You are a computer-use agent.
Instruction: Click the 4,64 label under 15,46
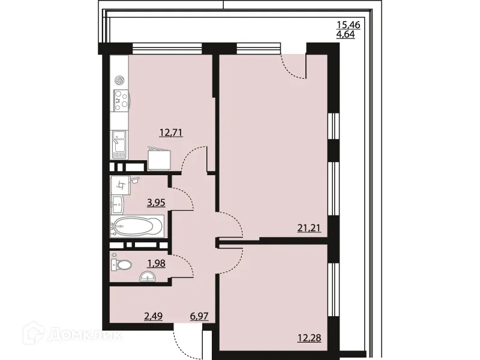click(347, 35)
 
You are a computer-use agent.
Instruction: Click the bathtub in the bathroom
click(137, 227)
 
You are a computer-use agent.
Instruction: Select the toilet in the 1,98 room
click(123, 264)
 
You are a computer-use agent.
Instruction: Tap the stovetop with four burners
click(121, 100)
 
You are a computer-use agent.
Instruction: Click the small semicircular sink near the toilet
click(147, 277)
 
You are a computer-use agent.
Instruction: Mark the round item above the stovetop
click(120, 80)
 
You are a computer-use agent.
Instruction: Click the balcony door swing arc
click(294, 68)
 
